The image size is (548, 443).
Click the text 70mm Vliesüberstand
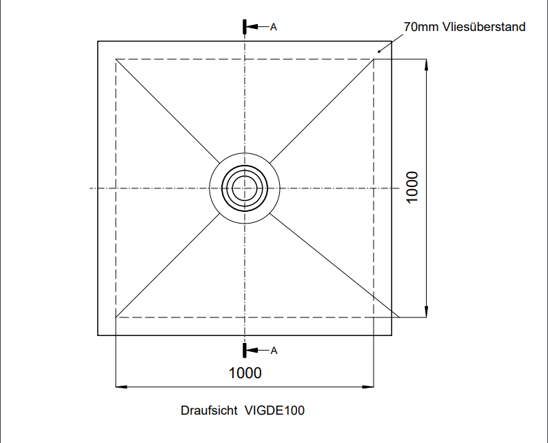point(464,27)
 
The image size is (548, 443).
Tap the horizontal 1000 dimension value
point(245,373)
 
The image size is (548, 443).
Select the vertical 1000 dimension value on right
point(412,187)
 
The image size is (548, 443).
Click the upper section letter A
point(274,27)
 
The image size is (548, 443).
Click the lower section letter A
point(274,351)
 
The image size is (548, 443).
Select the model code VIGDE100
point(274,411)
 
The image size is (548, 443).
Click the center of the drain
point(245,188)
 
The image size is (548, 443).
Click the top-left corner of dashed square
point(115,59)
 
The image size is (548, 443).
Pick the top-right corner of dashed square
point(374,59)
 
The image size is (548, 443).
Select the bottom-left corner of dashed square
point(115,317)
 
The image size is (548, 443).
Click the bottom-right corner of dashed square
point(374,317)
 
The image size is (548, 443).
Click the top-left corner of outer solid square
point(98,41)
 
